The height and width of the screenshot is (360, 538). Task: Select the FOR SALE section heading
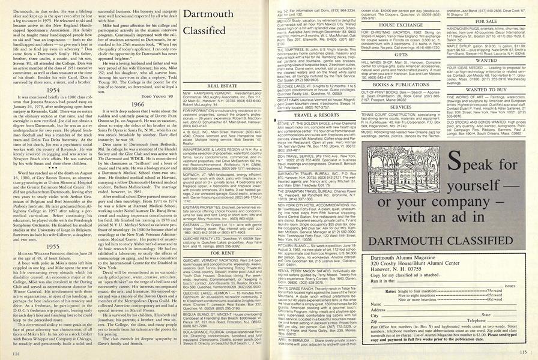coord(488,20)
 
